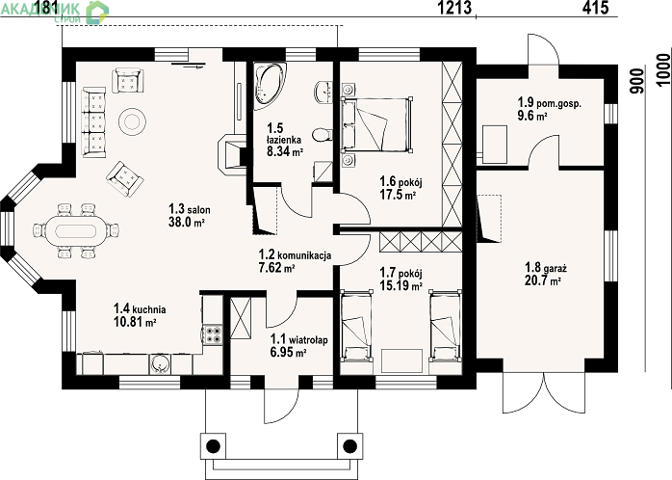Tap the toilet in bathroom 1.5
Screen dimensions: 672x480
click(x=322, y=135)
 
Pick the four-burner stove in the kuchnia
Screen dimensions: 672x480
click(x=212, y=334)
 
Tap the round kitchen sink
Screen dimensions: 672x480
click(x=160, y=364)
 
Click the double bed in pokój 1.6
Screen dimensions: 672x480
click(x=377, y=124)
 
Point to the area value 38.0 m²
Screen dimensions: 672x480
click(x=187, y=223)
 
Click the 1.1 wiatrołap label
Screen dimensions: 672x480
click(x=299, y=339)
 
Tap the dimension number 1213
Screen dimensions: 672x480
click(x=454, y=8)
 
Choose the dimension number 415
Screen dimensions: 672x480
click(x=595, y=8)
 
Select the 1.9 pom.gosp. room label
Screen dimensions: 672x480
click(x=550, y=103)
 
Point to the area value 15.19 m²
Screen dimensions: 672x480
click(x=401, y=285)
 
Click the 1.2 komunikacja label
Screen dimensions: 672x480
click(x=295, y=255)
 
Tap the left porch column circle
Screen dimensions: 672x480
click(x=213, y=446)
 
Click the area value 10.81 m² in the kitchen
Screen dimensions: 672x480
click(x=134, y=322)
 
